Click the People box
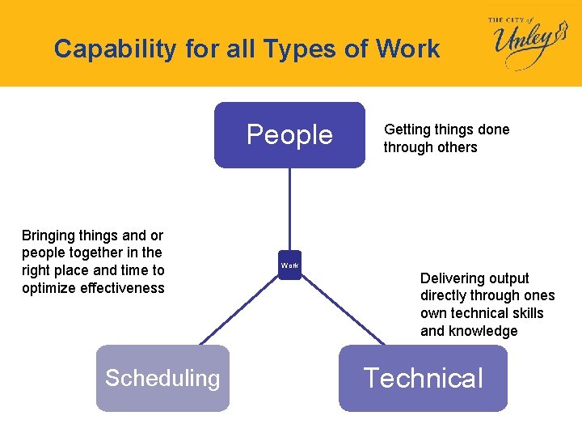pos(289,134)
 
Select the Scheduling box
pos(162,378)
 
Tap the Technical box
pos(423,378)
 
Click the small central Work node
pos(289,265)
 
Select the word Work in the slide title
pos(407,49)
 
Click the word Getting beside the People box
pos(407,129)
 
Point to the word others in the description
pos(456,147)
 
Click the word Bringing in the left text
pos(48,235)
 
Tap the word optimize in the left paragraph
pos(48,289)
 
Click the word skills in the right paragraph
pos(525,313)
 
